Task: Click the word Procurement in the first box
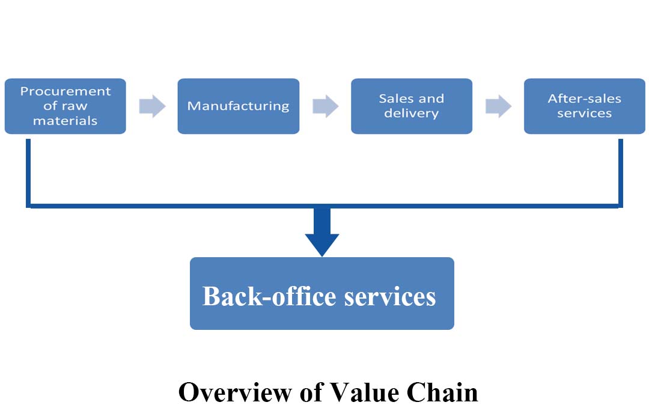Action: (x=66, y=91)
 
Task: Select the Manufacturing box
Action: (x=239, y=106)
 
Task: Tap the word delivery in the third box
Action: (x=412, y=114)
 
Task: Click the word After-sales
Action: (x=585, y=99)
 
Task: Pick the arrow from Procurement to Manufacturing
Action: (x=152, y=106)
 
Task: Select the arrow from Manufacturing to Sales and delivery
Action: (x=325, y=106)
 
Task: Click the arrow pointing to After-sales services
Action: (x=498, y=106)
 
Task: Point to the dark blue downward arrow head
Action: (x=322, y=244)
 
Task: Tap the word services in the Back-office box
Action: (x=390, y=297)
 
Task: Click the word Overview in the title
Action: (x=235, y=392)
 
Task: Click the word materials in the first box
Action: (x=66, y=121)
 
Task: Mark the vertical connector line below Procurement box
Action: (x=28, y=173)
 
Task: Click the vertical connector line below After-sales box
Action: (x=620, y=173)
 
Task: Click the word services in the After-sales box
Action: (x=585, y=114)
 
